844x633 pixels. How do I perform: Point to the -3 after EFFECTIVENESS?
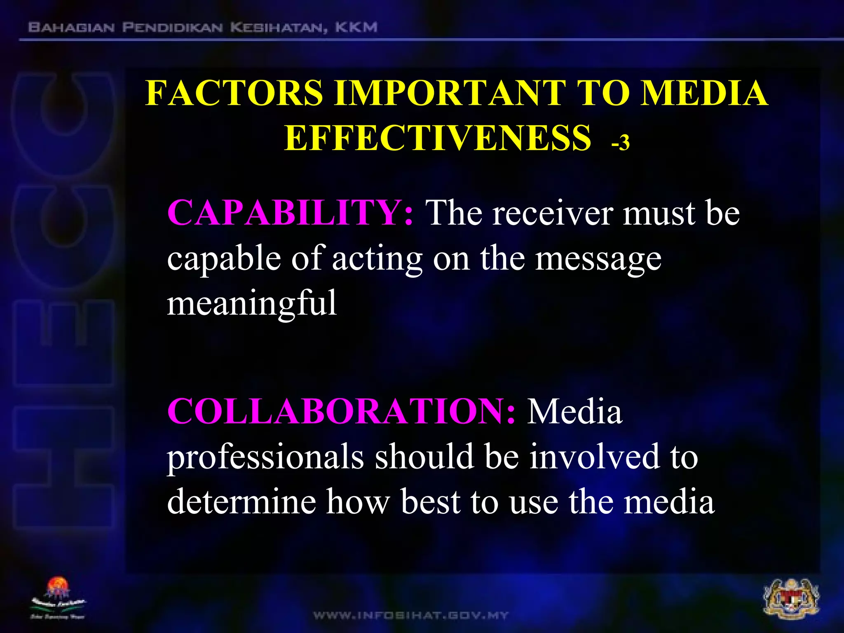click(x=621, y=143)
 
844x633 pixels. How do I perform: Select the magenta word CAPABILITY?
click(x=290, y=213)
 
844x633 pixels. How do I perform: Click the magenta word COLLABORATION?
click(x=341, y=411)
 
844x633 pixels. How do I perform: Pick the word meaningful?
click(x=252, y=303)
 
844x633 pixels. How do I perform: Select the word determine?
click(x=241, y=502)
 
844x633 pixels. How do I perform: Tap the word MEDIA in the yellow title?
click(x=704, y=93)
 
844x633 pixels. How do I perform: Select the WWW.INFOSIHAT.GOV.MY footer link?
click(x=411, y=616)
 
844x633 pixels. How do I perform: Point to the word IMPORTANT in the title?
click(x=450, y=93)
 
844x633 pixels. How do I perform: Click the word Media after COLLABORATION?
click(x=574, y=411)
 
